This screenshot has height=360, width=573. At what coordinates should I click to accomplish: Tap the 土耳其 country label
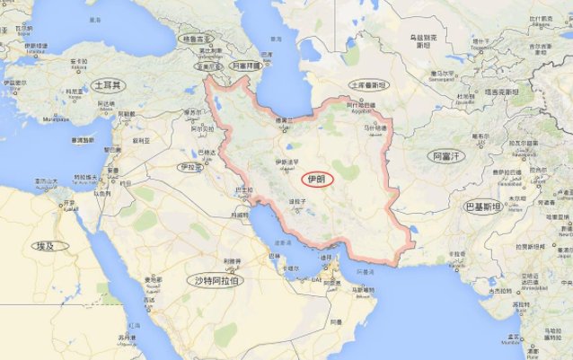(109, 84)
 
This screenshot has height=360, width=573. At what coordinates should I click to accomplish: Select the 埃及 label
(45, 246)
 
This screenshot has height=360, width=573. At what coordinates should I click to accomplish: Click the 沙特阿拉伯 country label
(217, 281)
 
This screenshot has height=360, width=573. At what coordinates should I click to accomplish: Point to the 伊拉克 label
(189, 167)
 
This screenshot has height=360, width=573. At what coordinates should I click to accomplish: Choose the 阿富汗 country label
(445, 156)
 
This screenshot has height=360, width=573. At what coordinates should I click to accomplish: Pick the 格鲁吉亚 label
(195, 40)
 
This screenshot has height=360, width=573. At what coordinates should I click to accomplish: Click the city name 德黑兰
(285, 119)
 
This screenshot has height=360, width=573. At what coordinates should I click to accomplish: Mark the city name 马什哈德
(375, 128)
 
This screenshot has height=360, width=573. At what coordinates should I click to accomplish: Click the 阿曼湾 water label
(365, 270)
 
